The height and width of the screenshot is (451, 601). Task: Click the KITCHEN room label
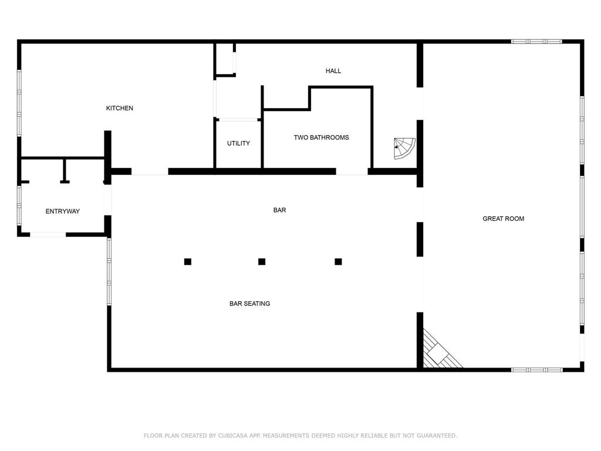(x=119, y=108)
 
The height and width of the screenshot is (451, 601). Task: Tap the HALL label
(x=333, y=71)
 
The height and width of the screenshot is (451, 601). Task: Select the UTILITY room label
(x=238, y=143)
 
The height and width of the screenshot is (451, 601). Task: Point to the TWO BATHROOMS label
(x=321, y=137)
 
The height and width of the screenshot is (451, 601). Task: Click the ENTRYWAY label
(x=62, y=211)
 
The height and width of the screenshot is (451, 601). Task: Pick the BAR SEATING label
(x=249, y=304)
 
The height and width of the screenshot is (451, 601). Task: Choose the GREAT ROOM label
(x=503, y=218)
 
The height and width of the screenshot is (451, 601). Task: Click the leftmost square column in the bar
(x=188, y=262)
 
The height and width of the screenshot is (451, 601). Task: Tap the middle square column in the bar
(x=262, y=262)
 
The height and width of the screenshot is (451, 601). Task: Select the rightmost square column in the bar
(x=338, y=262)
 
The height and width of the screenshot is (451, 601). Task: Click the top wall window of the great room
(x=536, y=42)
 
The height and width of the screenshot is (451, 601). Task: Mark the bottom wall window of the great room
(x=536, y=370)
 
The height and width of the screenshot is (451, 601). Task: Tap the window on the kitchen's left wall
(x=19, y=103)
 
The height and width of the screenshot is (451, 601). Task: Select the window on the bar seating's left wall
(x=109, y=271)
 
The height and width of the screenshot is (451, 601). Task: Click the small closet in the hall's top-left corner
(x=225, y=59)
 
